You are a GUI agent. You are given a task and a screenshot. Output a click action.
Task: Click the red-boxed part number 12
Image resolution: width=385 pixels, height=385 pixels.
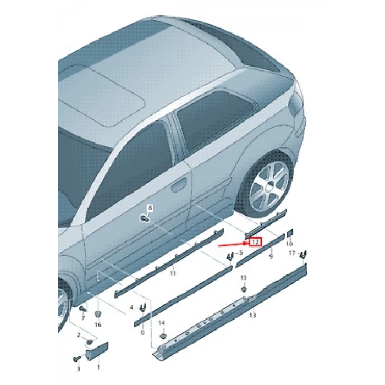click(255, 241)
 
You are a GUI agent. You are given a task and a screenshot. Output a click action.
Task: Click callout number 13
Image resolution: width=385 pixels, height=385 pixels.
click(252, 315)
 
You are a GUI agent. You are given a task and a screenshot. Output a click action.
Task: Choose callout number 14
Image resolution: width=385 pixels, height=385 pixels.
click(162, 323)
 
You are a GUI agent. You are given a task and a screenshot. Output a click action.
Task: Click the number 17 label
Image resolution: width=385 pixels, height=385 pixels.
click(292, 253)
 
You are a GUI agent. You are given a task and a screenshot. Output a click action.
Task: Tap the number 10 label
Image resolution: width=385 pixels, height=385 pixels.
click(289, 244)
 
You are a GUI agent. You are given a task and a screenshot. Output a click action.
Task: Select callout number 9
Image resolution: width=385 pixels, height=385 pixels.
click(271, 256)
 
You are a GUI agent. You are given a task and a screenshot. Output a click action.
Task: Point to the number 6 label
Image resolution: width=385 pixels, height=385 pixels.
click(142, 332)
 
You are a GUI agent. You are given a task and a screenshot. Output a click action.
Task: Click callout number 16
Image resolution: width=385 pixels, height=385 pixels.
click(98, 325)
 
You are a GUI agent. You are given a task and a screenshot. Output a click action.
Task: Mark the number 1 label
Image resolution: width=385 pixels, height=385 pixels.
click(98, 366)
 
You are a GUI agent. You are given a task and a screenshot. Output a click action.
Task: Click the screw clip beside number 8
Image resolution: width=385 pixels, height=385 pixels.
click(144, 218)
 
